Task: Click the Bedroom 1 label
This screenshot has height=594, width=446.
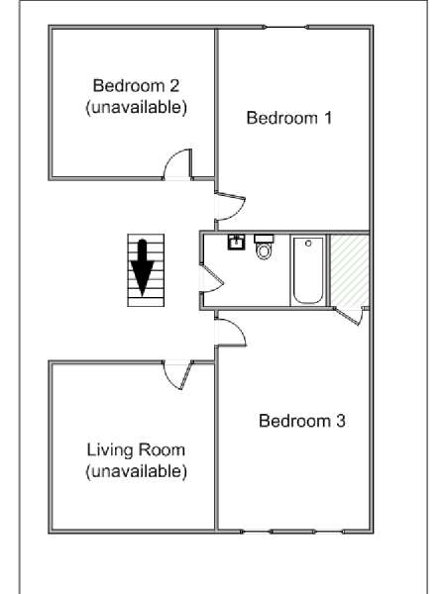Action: (x=289, y=118)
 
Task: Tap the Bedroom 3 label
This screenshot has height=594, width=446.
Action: (x=302, y=421)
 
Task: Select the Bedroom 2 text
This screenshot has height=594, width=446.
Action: (x=136, y=85)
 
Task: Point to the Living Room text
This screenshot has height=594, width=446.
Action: (x=136, y=450)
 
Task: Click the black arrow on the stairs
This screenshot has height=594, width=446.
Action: (x=142, y=267)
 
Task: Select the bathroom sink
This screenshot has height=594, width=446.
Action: (x=236, y=243)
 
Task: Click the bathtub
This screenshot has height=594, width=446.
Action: (x=308, y=270)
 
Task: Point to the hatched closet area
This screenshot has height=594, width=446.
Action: (x=349, y=270)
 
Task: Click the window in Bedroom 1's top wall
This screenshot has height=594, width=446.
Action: (x=286, y=27)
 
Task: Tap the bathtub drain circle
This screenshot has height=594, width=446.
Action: (x=308, y=244)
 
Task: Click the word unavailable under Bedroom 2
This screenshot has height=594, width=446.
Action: (x=136, y=107)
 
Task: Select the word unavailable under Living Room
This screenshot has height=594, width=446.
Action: (x=136, y=471)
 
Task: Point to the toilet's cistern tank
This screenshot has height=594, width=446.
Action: (x=264, y=239)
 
